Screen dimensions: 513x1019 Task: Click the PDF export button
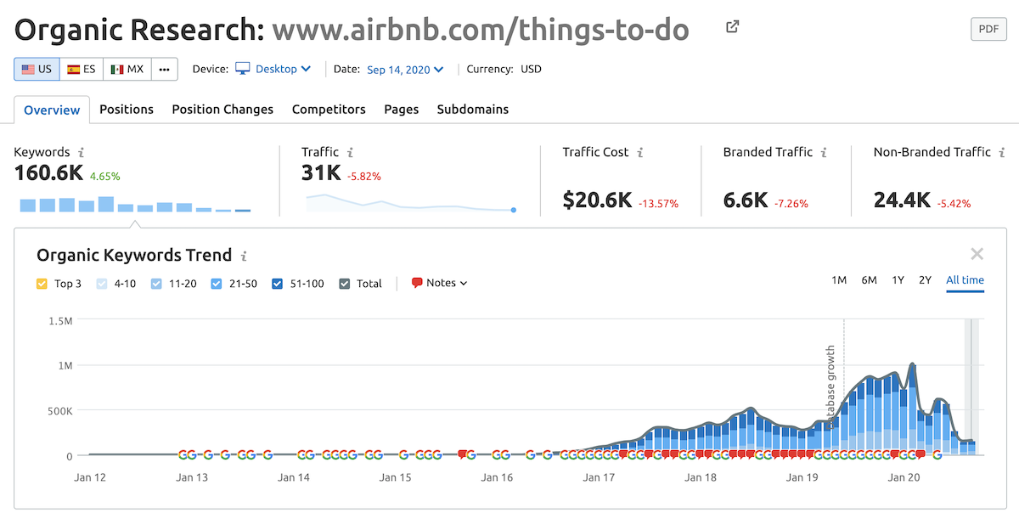[x=988, y=29]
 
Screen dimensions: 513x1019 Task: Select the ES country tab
[x=82, y=70]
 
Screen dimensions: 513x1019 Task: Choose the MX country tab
[x=127, y=70]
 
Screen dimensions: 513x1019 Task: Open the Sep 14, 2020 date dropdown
[x=405, y=70]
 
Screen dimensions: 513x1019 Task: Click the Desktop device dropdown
[x=273, y=70]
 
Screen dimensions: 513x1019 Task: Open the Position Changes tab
[x=222, y=110]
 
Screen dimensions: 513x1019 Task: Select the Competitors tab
[x=329, y=110]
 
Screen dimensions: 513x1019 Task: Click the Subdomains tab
[x=472, y=110]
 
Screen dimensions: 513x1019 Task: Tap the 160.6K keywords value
[x=48, y=173]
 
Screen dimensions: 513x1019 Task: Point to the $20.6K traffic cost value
[x=597, y=200]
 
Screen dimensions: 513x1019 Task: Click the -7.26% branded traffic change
[x=791, y=204]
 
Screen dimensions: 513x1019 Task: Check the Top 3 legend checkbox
[x=42, y=284]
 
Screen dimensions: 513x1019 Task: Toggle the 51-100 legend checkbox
[x=278, y=284]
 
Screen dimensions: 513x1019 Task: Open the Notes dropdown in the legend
[x=440, y=284]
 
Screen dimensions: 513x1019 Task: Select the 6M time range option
[x=869, y=280]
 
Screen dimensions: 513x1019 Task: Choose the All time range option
[x=965, y=280]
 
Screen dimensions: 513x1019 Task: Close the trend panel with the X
[x=977, y=254]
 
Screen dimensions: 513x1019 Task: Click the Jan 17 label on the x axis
[x=599, y=477]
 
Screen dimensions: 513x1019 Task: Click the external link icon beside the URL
[x=733, y=27]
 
